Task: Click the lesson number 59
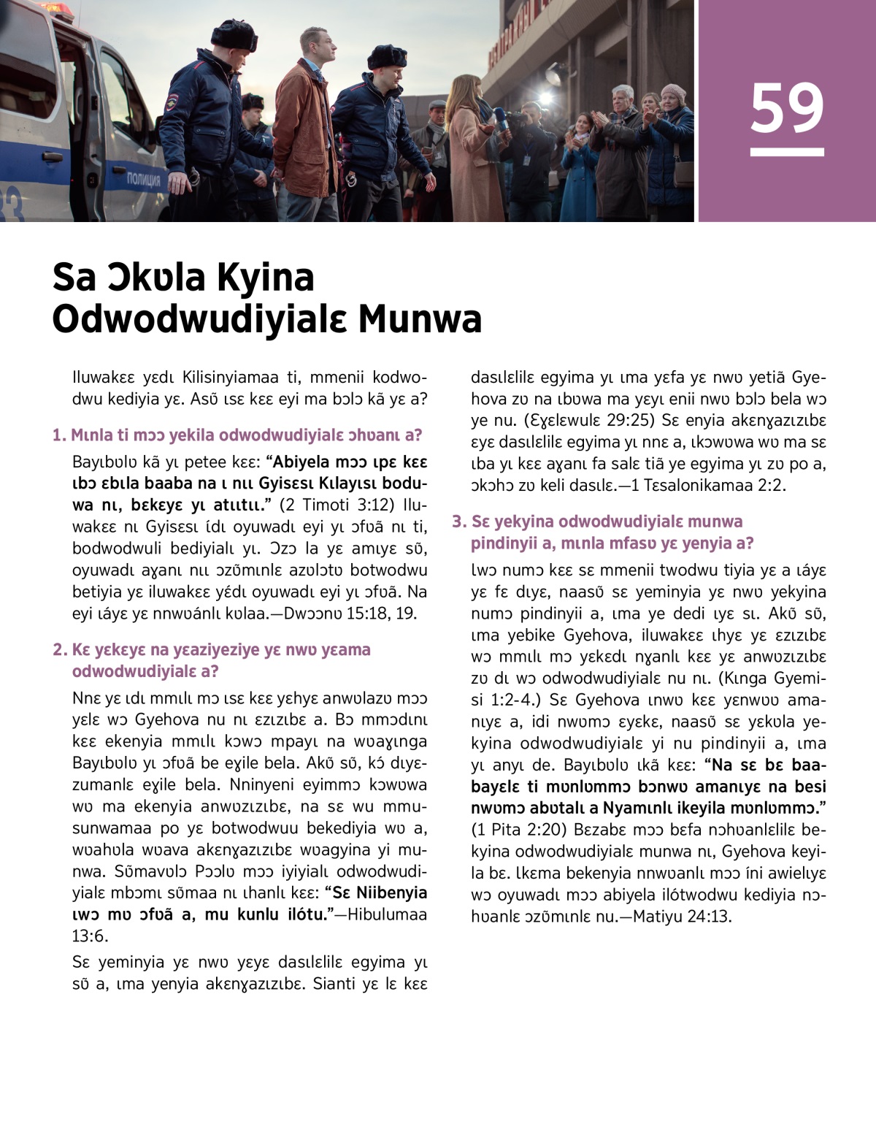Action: pyautogui.click(x=786, y=108)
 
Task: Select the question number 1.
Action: pyautogui.click(x=58, y=435)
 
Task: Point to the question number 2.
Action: pyautogui.click(x=59, y=649)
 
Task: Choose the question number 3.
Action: pyautogui.click(x=458, y=522)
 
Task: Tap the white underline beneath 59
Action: pyautogui.click(x=787, y=153)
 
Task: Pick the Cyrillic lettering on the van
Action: pyautogui.click(x=144, y=178)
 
